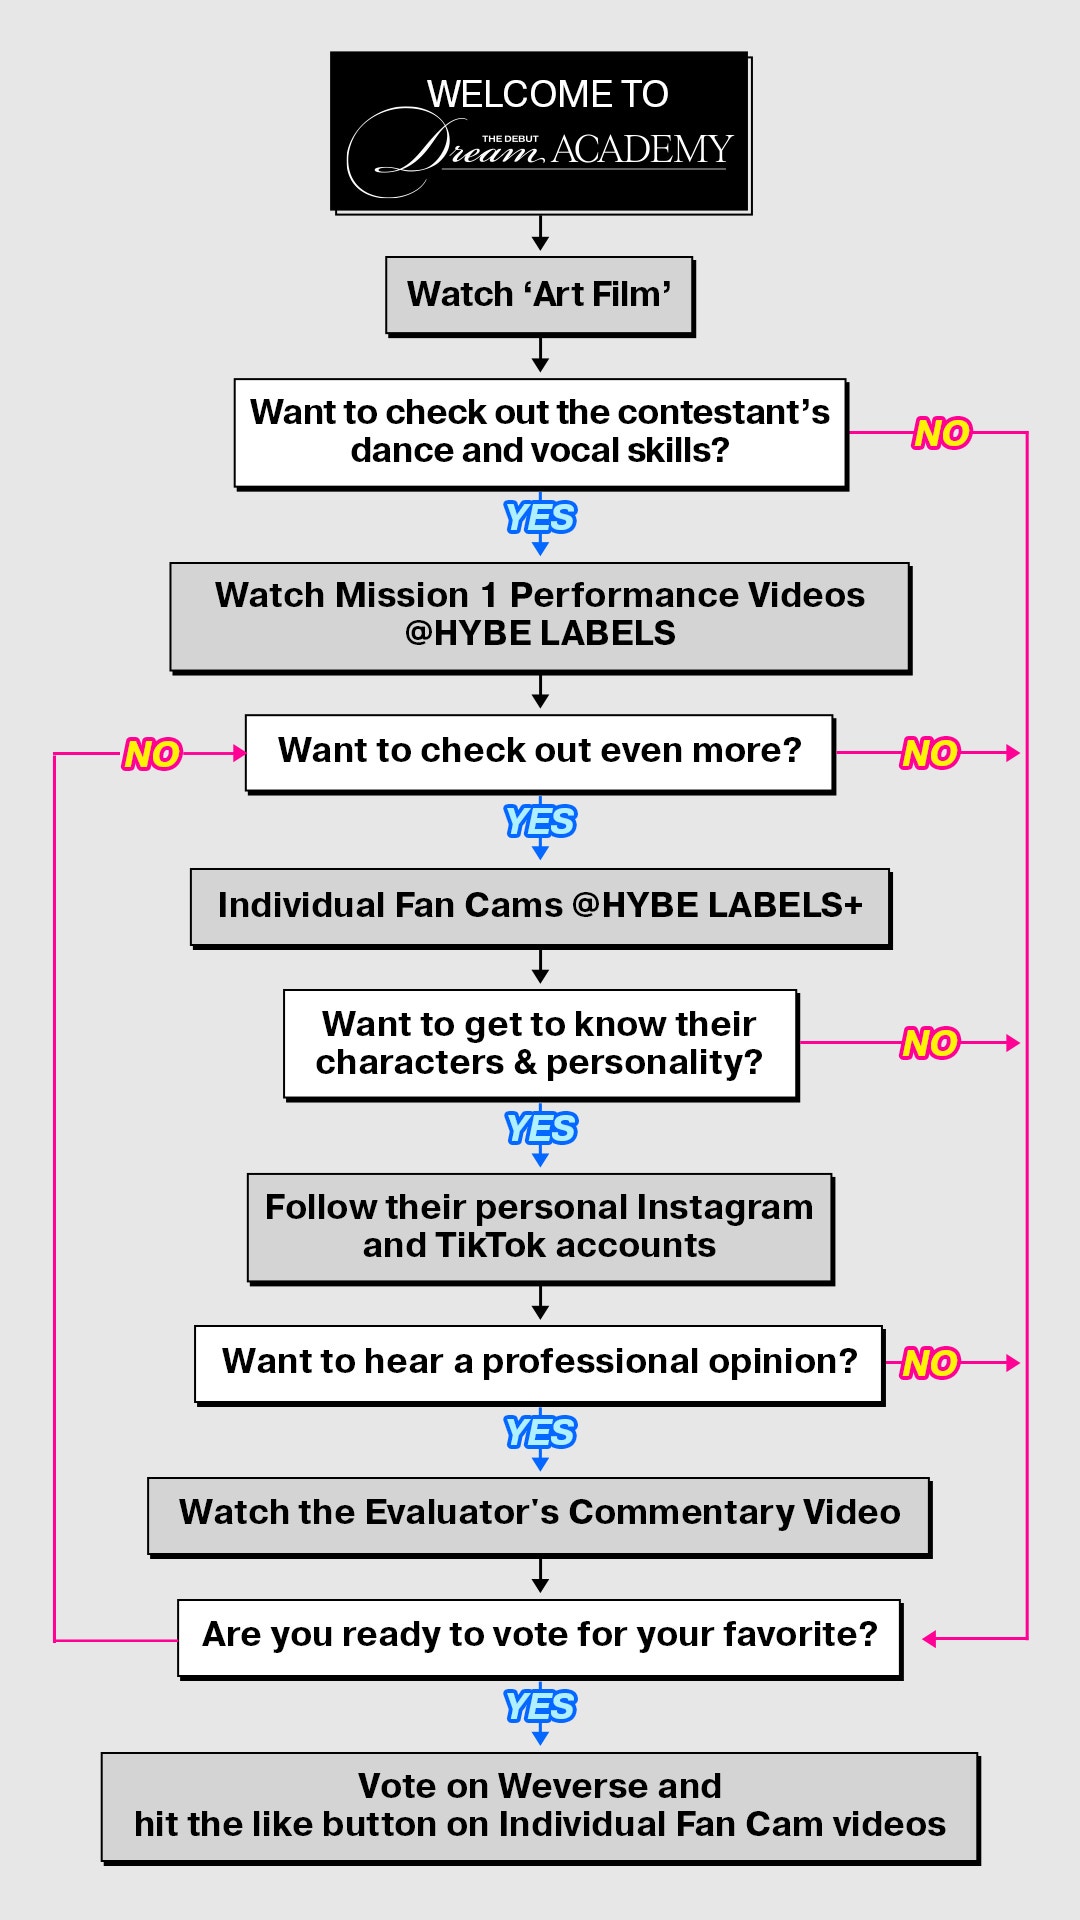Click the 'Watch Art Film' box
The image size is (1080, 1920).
[x=539, y=295]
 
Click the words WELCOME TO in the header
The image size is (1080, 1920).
[x=547, y=94]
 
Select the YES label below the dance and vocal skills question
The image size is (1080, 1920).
[x=540, y=518]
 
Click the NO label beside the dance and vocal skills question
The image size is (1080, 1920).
[x=941, y=433]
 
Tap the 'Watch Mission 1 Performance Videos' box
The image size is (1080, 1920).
[x=539, y=615]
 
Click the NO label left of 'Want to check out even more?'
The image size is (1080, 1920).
[x=151, y=754]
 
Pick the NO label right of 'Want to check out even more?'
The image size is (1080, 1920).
[x=930, y=753]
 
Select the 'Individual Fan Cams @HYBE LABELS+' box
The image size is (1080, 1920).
[x=539, y=906]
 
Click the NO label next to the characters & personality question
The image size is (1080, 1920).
[x=930, y=1043]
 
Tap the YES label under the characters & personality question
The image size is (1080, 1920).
[x=540, y=1129]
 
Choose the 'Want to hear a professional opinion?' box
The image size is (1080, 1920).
[x=539, y=1362]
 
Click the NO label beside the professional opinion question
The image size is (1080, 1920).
[x=930, y=1363]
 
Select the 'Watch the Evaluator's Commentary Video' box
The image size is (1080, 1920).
[x=539, y=1513]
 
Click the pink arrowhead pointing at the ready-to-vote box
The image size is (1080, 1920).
[x=930, y=1638]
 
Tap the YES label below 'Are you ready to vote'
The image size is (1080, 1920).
[x=540, y=1706]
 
